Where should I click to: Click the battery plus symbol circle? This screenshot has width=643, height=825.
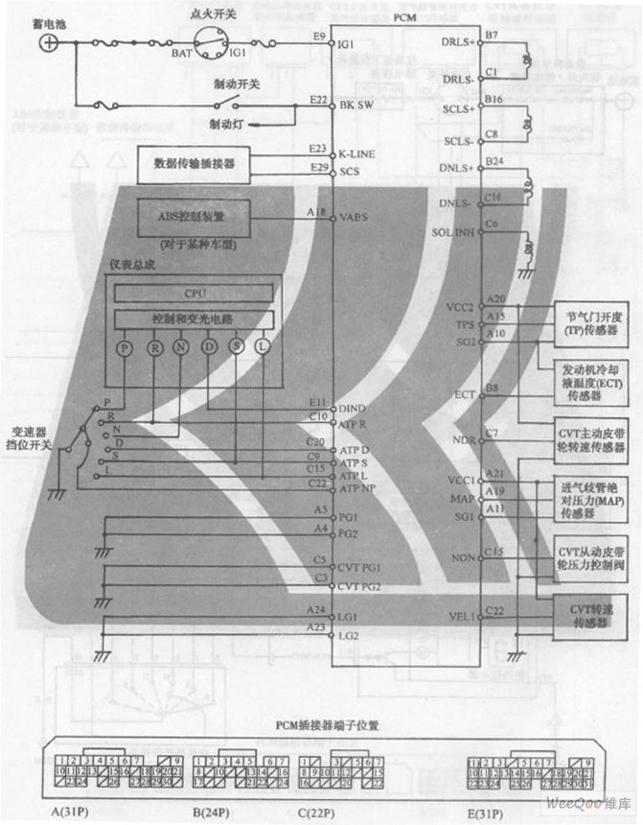pos(51,42)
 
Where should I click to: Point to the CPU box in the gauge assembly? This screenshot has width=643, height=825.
pos(195,293)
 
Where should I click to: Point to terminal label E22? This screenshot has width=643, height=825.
pos(319,100)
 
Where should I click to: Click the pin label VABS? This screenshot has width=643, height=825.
pos(354,218)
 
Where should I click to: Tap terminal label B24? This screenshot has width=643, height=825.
pos(494,161)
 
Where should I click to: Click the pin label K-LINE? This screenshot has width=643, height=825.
pos(356,153)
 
